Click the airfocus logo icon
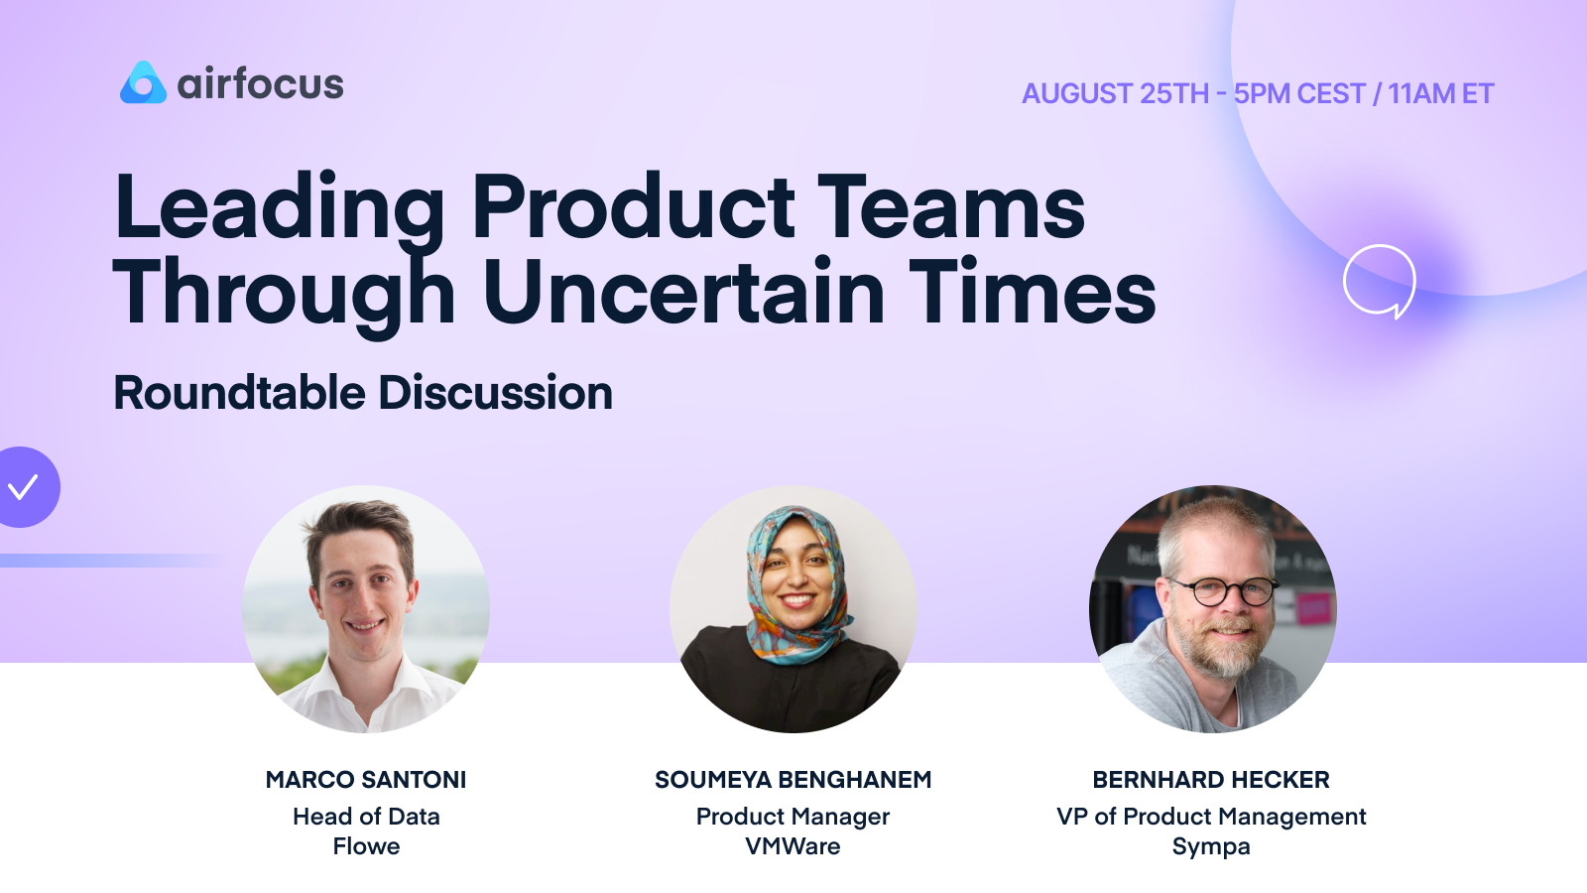click(143, 83)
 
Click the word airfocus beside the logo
click(260, 84)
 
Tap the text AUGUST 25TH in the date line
click(1115, 94)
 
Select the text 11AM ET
click(1440, 94)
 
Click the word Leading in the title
click(279, 208)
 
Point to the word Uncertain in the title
click(683, 293)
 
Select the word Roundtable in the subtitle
click(239, 393)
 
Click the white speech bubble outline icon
click(1379, 280)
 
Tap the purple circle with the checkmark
click(24, 487)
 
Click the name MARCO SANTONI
click(366, 780)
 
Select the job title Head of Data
click(366, 817)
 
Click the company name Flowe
click(366, 846)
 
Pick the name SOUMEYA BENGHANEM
click(793, 780)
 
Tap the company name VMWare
click(793, 846)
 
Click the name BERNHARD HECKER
click(1211, 780)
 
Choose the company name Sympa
click(1211, 846)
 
